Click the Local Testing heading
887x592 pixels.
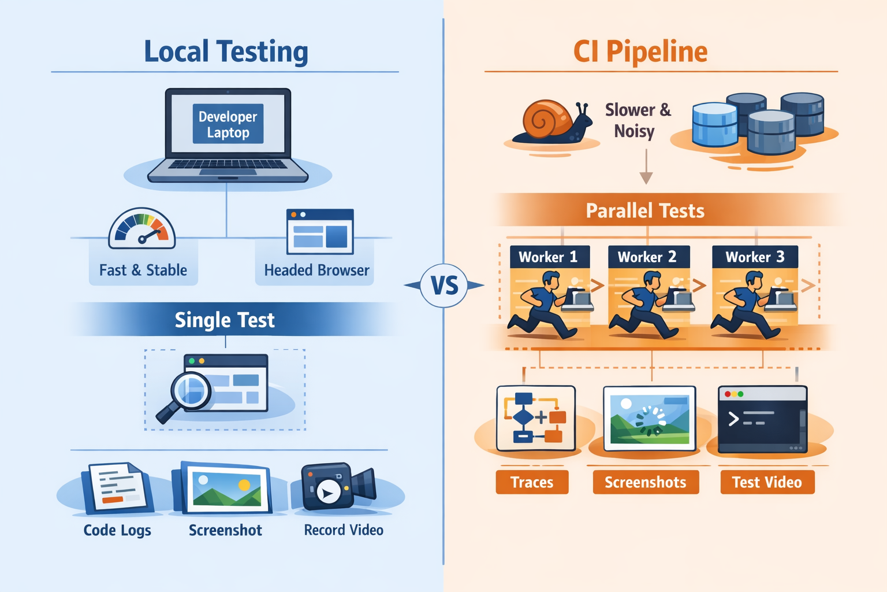226,51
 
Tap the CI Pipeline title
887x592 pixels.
640,52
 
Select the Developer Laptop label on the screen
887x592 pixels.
228,124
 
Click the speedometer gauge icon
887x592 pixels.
142,229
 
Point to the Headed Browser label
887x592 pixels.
316,270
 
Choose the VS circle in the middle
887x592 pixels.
444,285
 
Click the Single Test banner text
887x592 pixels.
225,320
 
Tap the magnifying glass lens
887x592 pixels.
191,391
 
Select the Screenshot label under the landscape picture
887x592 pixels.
225,530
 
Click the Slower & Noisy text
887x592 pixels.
638,120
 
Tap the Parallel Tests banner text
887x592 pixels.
645,210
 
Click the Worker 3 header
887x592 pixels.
754,257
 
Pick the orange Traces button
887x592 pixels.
532,482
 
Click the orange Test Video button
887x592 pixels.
767,482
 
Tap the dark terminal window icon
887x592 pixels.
762,419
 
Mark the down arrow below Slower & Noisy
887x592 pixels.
646,168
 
